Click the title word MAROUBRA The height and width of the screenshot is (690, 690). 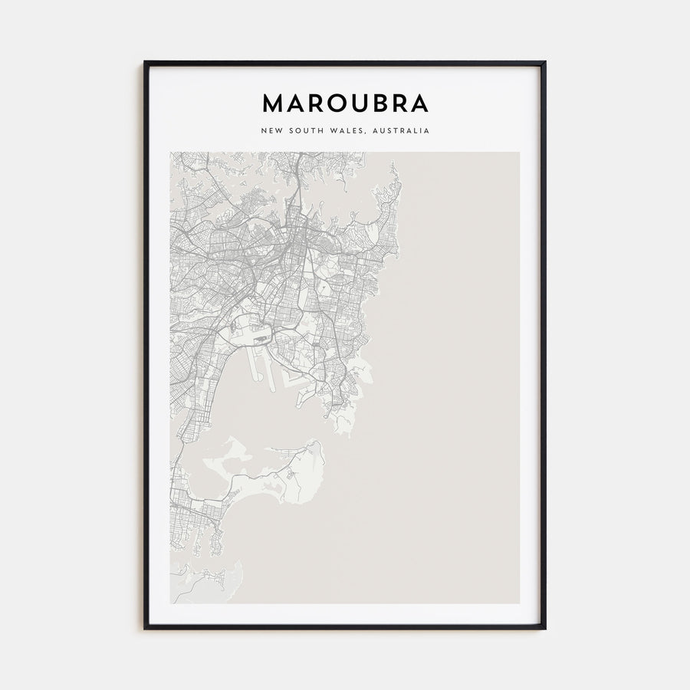pos(345,103)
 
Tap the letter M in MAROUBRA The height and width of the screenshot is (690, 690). pos(272,103)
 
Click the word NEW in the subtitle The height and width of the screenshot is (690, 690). pos(271,131)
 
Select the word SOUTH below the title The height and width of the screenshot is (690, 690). pos(305,131)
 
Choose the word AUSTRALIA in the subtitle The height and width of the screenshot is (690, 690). pos(400,131)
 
